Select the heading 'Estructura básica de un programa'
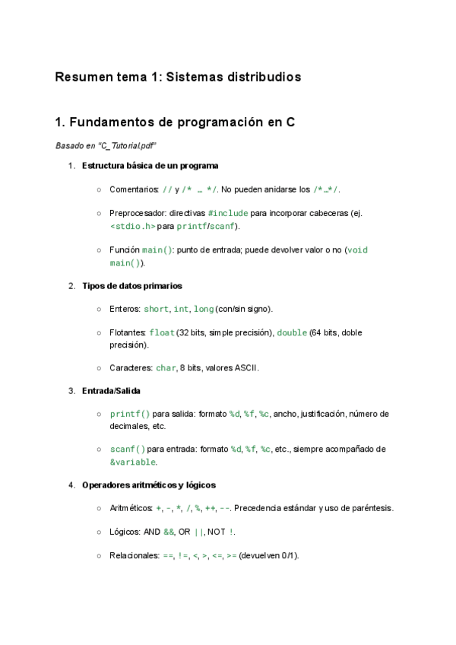[150, 166]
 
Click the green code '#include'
[227, 214]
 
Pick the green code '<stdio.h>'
[132, 226]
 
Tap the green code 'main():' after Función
[158, 250]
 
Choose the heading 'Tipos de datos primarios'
[131, 286]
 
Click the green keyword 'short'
[156, 309]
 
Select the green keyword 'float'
[162, 332]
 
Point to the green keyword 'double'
[292, 332]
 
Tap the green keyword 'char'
[166, 368]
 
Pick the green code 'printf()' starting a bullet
[130, 414]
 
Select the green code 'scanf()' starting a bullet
[127, 450]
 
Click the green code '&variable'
[133, 462]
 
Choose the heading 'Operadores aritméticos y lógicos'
[148, 485]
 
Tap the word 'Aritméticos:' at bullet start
[131, 508]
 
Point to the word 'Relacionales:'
[134, 556]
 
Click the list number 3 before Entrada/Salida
[71, 391]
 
